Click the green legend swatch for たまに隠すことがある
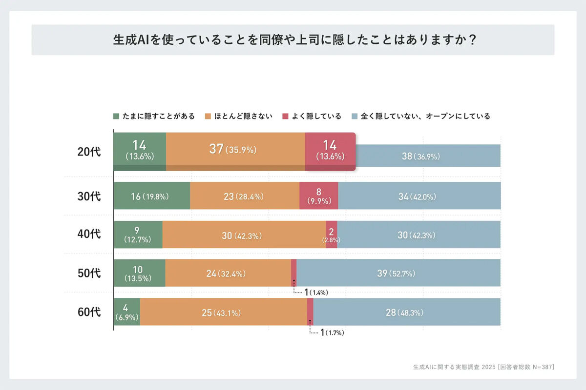(x=116, y=117)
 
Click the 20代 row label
(x=89, y=152)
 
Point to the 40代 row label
(x=89, y=234)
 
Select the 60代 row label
(x=89, y=312)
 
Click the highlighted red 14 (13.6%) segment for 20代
(x=330, y=151)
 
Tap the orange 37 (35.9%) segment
(x=235, y=150)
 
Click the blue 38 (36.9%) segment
(x=428, y=156)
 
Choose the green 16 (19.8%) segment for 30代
(x=151, y=196)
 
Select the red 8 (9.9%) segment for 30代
(x=318, y=196)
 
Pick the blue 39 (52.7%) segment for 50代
(x=398, y=273)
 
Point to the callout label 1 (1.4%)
(x=315, y=292)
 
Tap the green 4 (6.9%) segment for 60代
(x=126, y=312)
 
